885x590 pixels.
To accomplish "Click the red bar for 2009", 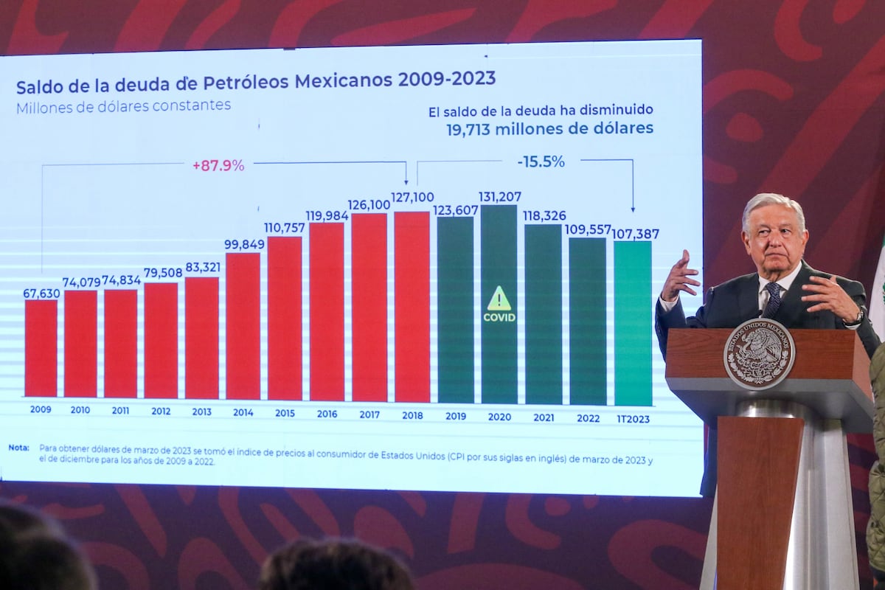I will pyautogui.click(x=41, y=348).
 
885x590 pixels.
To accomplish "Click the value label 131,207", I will pyautogui.click(x=499, y=197).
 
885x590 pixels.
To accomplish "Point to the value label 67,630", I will pyautogui.click(x=41, y=293).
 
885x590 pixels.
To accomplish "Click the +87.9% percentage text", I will pyautogui.click(x=218, y=166).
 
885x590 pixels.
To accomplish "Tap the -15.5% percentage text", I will pyautogui.click(x=541, y=162).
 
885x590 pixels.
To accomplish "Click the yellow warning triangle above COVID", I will pyautogui.click(x=499, y=299).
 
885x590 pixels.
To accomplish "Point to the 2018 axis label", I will pyautogui.click(x=412, y=415).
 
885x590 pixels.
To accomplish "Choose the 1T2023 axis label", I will pyautogui.click(x=634, y=418).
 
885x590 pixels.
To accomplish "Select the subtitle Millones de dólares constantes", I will pyautogui.click(x=123, y=105).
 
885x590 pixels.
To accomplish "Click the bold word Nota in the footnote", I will pyautogui.click(x=19, y=448).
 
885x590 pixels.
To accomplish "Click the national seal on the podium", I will pyautogui.click(x=759, y=353).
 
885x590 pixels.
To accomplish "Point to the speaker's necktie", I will pyautogui.click(x=771, y=299).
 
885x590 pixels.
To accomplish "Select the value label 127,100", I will pyautogui.click(x=412, y=197).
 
